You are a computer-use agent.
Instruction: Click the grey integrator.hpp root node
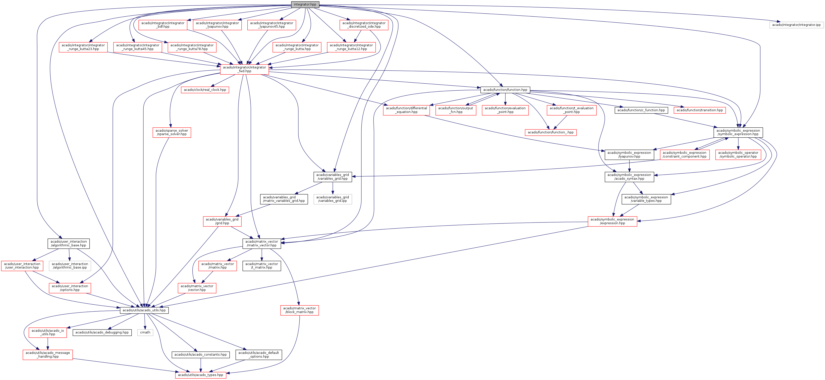coord(305,4)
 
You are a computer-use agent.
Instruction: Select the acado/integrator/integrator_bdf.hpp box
coord(163,25)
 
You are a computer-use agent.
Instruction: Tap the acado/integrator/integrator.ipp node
coord(796,25)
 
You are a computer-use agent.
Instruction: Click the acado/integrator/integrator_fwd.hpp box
coord(244,69)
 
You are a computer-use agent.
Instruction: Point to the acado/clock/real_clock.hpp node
coord(205,90)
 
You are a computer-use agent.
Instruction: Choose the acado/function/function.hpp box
coord(505,90)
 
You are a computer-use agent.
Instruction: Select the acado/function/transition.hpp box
coord(700,110)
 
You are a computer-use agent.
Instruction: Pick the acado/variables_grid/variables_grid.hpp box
coord(332,177)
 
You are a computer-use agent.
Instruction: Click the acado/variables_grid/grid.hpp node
coord(222,221)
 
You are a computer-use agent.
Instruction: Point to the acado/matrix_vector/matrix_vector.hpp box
coord(262,244)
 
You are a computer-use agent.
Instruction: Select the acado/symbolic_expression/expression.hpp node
coord(612,221)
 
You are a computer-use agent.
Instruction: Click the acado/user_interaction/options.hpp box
coord(70,288)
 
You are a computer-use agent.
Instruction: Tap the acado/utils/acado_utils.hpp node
coord(144,310)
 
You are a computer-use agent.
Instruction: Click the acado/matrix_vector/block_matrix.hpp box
coord(299,310)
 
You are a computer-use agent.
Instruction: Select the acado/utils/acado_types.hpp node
coord(201,375)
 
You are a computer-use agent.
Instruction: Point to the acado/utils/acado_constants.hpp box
coord(201,355)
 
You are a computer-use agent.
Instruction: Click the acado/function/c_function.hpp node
coord(641,110)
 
